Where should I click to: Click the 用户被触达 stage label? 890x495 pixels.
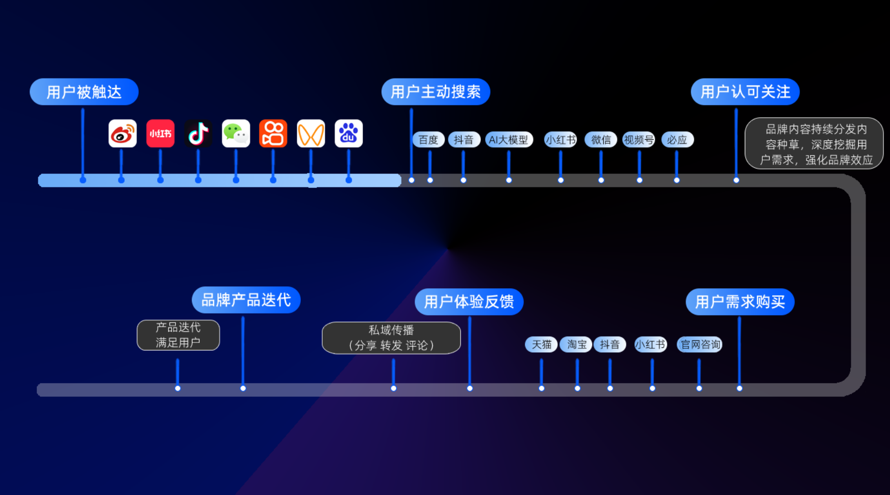click(84, 92)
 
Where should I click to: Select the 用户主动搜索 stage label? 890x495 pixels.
click(436, 92)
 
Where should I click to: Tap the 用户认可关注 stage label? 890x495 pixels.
click(745, 92)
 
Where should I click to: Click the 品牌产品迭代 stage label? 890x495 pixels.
click(246, 300)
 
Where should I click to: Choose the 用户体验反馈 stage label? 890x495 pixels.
click(469, 302)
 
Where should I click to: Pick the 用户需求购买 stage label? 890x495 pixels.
click(740, 302)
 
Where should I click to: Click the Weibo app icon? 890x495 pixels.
click(122, 134)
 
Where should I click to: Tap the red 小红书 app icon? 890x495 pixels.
click(160, 134)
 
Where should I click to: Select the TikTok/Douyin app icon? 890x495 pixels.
click(198, 134)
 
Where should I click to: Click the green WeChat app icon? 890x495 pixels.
click(236, 134)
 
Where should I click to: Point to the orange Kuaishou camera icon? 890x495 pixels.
click(273, 134)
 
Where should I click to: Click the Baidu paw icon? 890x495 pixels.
click(349, 134)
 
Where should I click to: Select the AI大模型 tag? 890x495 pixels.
click(508, 140)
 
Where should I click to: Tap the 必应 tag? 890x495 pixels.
click(677, 140)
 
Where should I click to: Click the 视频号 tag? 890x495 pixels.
click(639, 140)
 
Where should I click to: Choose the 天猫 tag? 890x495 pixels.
click(541, 344)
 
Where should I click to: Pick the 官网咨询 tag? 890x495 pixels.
click(700, 344)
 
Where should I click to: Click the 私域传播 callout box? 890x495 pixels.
click(391, 338)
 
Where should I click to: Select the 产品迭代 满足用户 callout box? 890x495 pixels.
click(178, 335)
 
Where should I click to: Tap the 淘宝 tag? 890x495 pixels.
click(576, 344)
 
